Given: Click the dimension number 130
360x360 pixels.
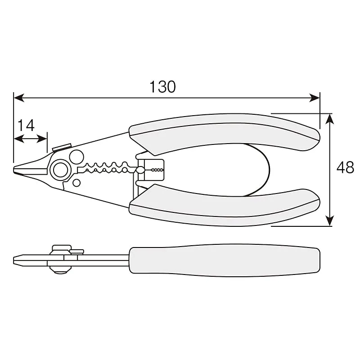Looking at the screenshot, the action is [162, 87].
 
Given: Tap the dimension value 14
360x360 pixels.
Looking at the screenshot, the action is [26, 125].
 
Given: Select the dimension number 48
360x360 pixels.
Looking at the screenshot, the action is [345, 167].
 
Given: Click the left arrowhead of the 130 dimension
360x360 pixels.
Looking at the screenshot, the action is [19, 98].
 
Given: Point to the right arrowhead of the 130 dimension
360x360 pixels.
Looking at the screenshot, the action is [315, 98].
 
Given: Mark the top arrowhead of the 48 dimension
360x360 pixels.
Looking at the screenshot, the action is [330, 119].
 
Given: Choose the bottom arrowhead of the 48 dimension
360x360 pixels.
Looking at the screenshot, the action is [330, 221].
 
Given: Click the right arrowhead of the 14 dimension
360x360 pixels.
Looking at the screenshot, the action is [42, 139].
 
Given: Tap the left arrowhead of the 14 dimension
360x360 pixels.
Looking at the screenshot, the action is [19, 139].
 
